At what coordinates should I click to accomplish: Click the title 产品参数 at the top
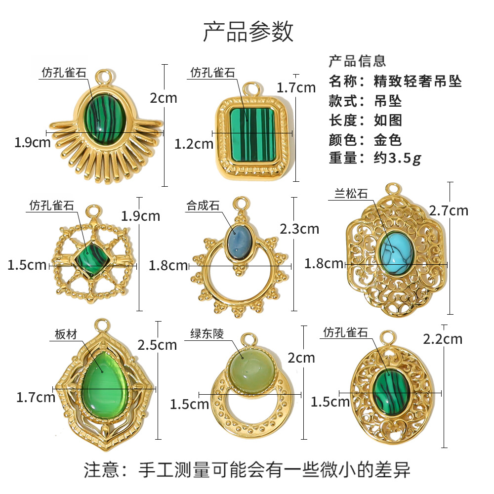(x=248, y=31)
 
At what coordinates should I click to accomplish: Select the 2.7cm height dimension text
(x=448, y=211)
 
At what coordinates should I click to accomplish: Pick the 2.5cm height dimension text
(x=157, y=344)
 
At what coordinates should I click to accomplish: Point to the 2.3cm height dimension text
(x=299, y=229)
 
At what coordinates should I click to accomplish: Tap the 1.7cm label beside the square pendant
(x=296, y=88)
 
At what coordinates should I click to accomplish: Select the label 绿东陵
(x=207, y=334)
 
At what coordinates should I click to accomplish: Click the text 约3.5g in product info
(x=397, y=158)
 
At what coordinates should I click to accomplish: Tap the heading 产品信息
(x=357, y=61)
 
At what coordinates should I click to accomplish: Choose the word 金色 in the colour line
(x=387, y=139)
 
